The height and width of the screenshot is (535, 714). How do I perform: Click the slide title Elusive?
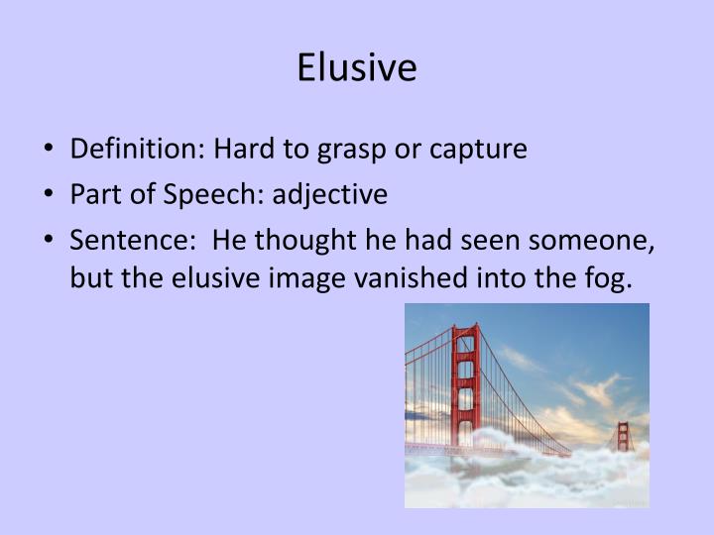coord(357,68)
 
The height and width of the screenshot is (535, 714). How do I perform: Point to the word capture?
coord(479,151)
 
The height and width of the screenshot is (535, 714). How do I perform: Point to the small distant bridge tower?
coord(622,436)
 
